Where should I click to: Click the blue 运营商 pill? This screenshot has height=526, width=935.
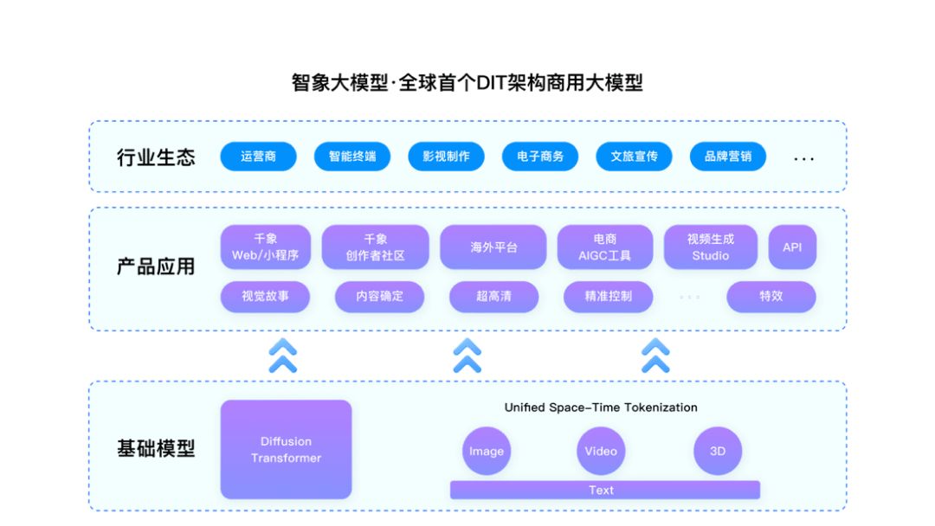[x=258, y=157]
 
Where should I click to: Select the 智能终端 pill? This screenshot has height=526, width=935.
[x=352, y=157]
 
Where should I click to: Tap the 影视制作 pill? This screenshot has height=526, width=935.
[x=446, y=157]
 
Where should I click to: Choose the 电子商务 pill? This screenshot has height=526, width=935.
[x=540, y=157]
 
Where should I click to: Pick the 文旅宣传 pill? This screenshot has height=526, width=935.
[x=634, y=157]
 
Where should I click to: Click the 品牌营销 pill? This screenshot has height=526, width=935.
[x=728, y=157]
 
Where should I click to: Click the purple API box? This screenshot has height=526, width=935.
[x=792, y=247]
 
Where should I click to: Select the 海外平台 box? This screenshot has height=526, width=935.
[x=493, y=247]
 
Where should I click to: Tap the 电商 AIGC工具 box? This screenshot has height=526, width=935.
[x=604, y=247]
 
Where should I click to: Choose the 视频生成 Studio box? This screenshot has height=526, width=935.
[x=711, y=247]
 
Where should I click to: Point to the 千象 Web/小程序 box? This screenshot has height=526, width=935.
[x=266, y=247]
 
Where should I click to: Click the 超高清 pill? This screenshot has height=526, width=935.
[x=493, y=297]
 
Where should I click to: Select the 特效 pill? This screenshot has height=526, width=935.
[x=771, y=297]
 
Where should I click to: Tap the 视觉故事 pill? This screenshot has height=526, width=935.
[x=266, y=297]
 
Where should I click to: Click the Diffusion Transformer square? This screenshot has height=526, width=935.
[x=287, y=450]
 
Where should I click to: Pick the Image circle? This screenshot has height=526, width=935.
[x=487, y=451]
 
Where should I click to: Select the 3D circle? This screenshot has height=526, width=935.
[x=718, y=451]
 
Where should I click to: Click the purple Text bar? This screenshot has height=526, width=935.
[x=605, y=490]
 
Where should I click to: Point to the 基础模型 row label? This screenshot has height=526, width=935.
[x=156, y=448]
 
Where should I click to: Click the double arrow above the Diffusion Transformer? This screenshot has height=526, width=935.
[x=282, y=356]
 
